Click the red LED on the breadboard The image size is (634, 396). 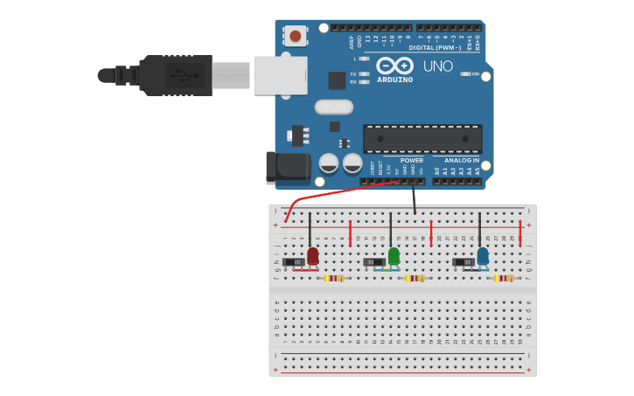pos(313,255)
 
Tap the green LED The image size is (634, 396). pos(394,255)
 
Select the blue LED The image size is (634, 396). pos(483,255)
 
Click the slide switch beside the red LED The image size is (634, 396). pos(293,261)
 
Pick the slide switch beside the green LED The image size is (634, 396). pos(373,261)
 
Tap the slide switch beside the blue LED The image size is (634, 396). pos(463,261)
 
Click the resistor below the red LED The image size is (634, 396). pos(334,278)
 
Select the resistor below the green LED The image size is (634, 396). pos(415,278)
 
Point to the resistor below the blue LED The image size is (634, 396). pos(505,278)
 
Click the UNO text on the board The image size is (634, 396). pos(437,66)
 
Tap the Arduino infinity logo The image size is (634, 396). pos(394,66)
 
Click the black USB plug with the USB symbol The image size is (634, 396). pos(175,75)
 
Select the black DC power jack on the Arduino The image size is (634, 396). pos(289,167)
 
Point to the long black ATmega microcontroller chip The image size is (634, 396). pos(422,139)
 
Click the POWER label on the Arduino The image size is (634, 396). pos(411,161)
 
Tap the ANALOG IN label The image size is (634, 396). pos(461,161)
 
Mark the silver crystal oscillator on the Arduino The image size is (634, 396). pos(333,107)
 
